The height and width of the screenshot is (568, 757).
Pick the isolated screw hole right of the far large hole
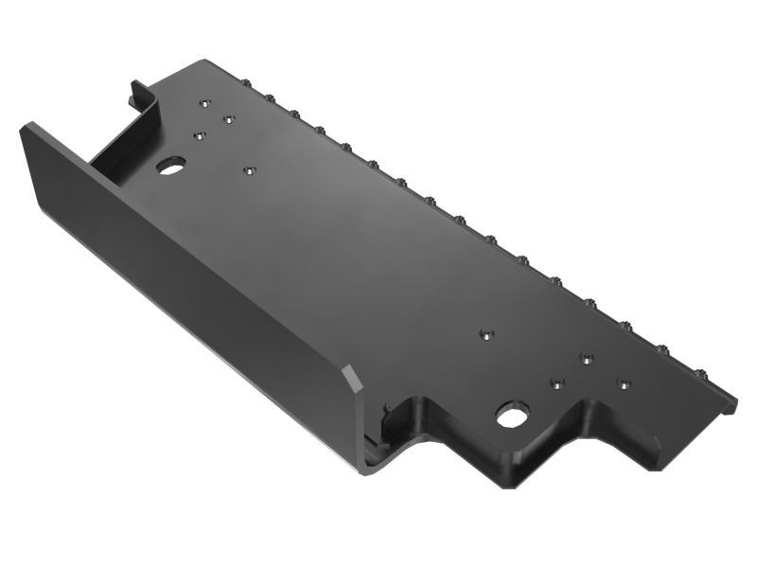pos(250,170)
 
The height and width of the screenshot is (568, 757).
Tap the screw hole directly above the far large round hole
pos(200,135)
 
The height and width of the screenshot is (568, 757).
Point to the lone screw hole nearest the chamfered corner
pos(485,333)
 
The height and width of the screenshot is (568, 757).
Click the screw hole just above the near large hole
pos(556,383)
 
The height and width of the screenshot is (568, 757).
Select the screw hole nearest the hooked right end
pos(623,383)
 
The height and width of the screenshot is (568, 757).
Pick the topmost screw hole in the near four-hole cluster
pos(587,359)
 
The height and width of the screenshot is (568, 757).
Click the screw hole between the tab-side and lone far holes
pos(228,119)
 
